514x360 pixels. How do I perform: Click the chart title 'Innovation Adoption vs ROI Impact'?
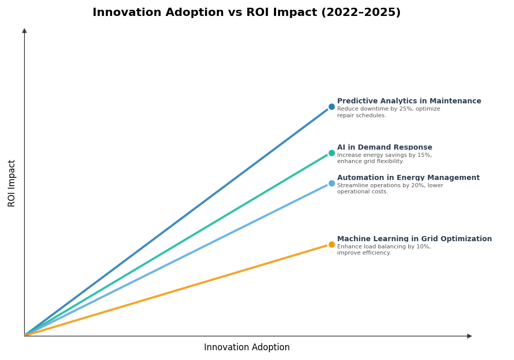click(206, 13)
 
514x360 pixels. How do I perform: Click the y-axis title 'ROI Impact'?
click(12, 183)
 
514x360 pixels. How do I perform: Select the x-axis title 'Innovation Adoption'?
click(247, 348)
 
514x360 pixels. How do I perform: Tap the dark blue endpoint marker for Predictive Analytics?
click(332, 107)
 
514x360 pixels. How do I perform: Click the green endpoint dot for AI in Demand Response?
click(332, 153)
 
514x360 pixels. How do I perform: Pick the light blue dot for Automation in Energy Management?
click(332, 184)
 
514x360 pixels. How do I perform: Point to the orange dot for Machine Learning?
click(332, 245)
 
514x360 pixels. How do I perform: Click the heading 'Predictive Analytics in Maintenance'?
click(409, 101)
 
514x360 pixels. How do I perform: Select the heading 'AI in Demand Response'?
click(384, 148)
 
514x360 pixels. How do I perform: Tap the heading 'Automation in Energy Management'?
click(408, 178)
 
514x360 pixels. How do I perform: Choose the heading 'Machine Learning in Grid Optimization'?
click(414, 239)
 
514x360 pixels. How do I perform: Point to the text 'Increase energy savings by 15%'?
click(384, 155)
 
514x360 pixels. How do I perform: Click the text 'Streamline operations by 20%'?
click(390, 186)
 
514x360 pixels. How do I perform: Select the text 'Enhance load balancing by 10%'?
click(383, 247)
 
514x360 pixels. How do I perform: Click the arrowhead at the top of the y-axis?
click(24, 31)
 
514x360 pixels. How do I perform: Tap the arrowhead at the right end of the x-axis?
click(469, 336)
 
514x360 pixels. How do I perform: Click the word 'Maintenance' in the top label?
click(455, 101)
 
